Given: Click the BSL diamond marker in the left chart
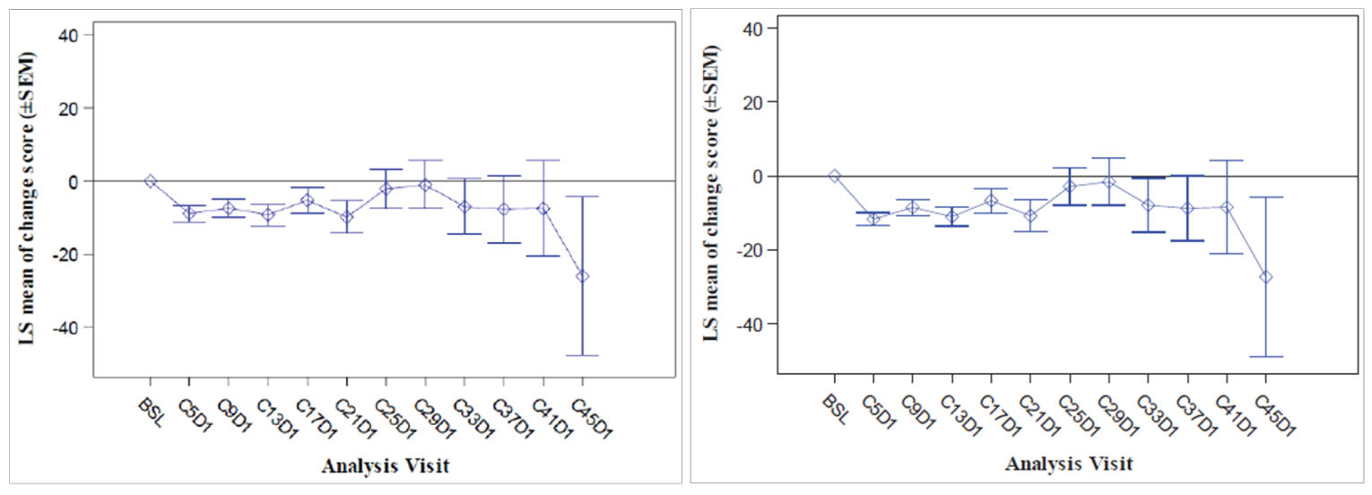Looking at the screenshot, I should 151,180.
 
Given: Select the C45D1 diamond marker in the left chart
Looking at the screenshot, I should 583,276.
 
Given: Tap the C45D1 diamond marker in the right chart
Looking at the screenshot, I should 1266,277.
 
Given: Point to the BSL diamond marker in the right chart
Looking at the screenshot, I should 834,176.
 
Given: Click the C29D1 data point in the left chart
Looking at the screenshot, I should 425,185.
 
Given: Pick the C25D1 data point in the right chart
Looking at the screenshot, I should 1069,187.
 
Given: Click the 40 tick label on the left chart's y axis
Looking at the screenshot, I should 69,35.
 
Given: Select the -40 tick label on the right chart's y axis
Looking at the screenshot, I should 750,324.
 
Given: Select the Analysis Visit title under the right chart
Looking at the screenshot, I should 1068,465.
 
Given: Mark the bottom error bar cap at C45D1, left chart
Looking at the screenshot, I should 583,355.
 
